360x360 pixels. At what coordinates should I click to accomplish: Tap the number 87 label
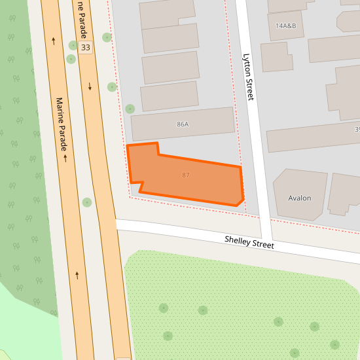coord(187,175)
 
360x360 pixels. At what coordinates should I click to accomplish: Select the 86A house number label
coord(182,124)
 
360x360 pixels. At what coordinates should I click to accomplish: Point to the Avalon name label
coord(300,198)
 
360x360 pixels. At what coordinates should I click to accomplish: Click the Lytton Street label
coord(247,77)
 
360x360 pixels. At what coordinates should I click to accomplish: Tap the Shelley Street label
coord(249,242)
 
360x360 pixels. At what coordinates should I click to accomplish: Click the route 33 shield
coord(85,48)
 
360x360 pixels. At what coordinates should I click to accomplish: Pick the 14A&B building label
coord(286,26)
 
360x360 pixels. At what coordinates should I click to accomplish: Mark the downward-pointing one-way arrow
coord(90,86)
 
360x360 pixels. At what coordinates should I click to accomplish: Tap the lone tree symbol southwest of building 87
coord(87,202)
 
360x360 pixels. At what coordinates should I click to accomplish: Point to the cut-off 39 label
coord(357,130)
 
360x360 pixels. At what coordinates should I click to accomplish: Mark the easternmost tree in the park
coord(335,344)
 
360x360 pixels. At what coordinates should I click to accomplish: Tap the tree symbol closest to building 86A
coord(130,109)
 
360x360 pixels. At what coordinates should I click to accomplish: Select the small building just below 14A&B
coord(277,57)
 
